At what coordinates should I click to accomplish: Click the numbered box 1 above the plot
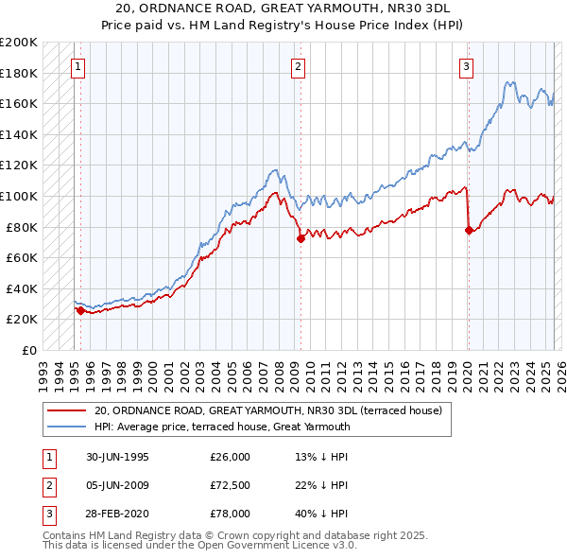click(77, 66)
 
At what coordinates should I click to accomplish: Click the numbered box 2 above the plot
click(298, 66)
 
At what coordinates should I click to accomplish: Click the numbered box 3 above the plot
click(467, 66)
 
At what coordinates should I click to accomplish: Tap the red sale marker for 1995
click(80, 310)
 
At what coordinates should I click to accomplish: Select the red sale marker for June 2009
click(301, 238)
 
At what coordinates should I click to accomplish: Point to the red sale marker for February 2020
click(469, 230)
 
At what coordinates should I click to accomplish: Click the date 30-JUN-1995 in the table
click(117, 457)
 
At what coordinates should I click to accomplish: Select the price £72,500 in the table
click(230, 485)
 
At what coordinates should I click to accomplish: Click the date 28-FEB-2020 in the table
click(117, 514)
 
